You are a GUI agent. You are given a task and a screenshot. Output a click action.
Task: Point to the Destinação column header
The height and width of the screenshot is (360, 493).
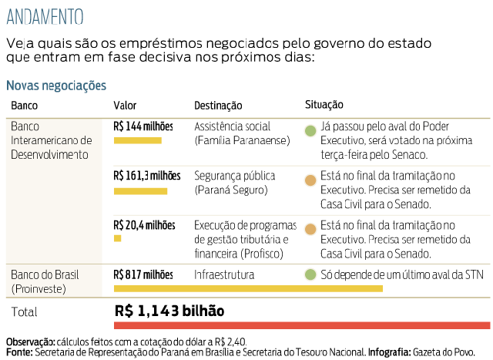pyautogui.click(x=218, y=106)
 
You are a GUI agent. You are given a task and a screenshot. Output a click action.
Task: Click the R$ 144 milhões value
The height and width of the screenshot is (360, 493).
pyautogui.click(x=143, y=126)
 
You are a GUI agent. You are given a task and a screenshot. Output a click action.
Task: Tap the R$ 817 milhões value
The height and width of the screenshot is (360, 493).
pyautogui.click(x=143, y=274)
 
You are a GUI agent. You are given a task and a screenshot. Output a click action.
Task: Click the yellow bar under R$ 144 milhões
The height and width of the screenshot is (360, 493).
pyautogui.click(x=137, y=140)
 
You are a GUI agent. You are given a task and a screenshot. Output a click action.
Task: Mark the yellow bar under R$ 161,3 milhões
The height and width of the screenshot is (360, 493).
pyautogui.click(x=140, y=190)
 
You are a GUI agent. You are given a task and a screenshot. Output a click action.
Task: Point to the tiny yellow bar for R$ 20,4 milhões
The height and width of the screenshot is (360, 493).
pyautogui.click(x=117, y=239)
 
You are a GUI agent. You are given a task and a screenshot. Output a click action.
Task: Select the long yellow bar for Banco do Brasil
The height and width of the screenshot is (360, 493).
pyautogui.click(x=248, y=288)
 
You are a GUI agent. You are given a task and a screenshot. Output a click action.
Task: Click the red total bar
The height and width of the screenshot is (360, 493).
pyautogui.click(x=302, y=325)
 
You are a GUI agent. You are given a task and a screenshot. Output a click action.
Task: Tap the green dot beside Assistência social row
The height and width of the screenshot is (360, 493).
pyautogui.click(x=310, y=132)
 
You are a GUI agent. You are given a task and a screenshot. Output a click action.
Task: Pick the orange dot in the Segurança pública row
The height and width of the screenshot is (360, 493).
pyautogui.click(x=310, y=181)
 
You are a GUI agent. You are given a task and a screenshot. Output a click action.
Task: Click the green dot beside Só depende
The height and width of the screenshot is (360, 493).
pyautogui.click(x=310, y=274)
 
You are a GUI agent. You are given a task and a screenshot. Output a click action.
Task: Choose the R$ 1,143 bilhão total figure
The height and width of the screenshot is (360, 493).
pyautogui.click(x=169, y=311)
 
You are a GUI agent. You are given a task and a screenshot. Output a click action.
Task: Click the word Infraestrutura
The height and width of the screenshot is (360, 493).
pyautogui.click(x=224, y=274)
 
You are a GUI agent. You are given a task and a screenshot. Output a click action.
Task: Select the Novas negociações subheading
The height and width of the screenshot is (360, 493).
pyautogui.click(x=55, y=86)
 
